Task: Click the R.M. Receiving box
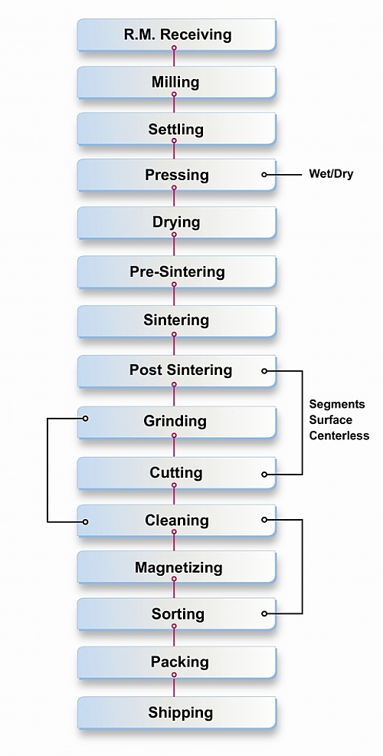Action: pyautogui.click(x=176, y=35)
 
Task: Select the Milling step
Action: pyautogui.click(x=176, y=82)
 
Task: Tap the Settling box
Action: pyautogui.click(x=176, y=129)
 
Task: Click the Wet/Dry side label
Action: pyautogui.click(x=330, y=174)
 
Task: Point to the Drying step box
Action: pyautogui.click(x=176, y=222)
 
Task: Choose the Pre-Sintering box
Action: pyautogui.click(x=176, y=272)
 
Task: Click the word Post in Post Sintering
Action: pyautogui.click(x=146, y=370)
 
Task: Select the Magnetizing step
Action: pyautogui.click(x=176, y=567)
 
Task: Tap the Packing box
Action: pyautogui.click(x=176, y=662)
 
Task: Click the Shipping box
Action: pyautogui.click(x=176, y=712)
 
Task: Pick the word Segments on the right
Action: pyautogui.click(x=337, y=404)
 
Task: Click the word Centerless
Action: pyautogui.click(x=339, y=436)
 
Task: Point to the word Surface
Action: pyautogui.click(x=330, y=419)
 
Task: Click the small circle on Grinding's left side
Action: pyautogui.click(x=85, y=419)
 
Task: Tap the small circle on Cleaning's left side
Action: pyautogui.click(x=85, y=521)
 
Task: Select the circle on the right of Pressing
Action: pyautogui.click(x=264, y=175)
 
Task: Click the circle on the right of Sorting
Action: pyautogui.click(x=264, y=613)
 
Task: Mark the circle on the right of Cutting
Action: pyautogui.click(x=264, y=475)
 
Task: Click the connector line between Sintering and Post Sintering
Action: pyautogui.click(x=174, y=346)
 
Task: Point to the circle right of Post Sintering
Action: pyautogui.click(x=264, y=371)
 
